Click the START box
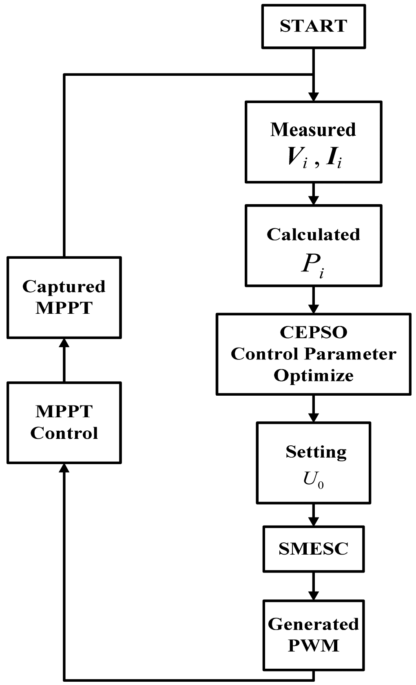(313, 26)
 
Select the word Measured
(313, 130)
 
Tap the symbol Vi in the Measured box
(297, 157)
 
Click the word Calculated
(313, 234)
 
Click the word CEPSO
(313, 332)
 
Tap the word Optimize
(313, 375)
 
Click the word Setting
(316, 452)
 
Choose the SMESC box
(313, 548)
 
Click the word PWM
(313, 645)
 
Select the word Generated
(313, 624)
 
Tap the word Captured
(64, 286)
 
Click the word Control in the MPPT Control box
(64, 433)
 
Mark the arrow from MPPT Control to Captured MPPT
(64, 360)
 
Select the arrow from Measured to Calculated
(313, 194)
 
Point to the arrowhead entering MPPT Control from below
(64, 469)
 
